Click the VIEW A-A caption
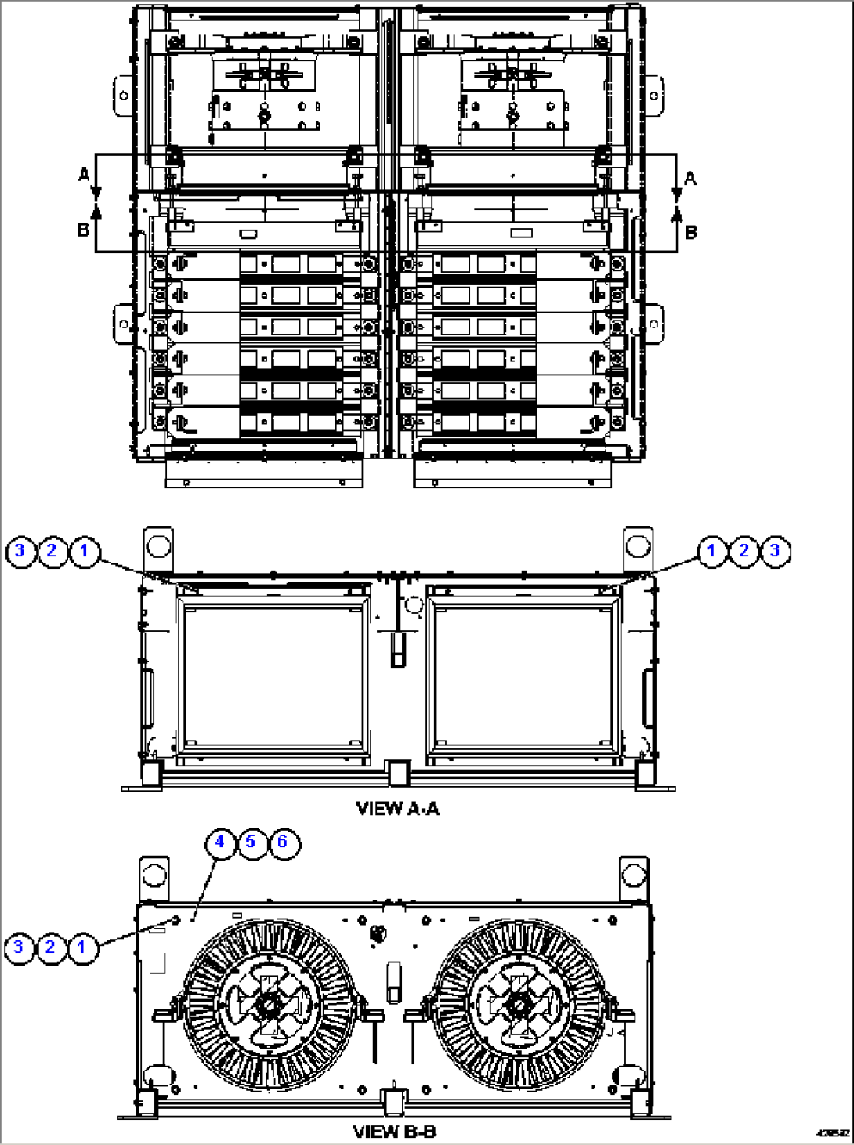[397, 808]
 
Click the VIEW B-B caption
[394, 1132]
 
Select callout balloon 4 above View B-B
[220, 842]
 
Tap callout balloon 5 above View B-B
[251, 842]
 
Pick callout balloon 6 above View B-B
[283, 842]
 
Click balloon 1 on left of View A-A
[84, 551]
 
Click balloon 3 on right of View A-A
[775, 551]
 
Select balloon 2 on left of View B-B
[50, 948]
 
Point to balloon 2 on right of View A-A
[744, 551]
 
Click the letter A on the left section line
[84, 175]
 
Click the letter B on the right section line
[690, 232]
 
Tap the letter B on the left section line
[82, 230]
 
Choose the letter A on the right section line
[690, 179]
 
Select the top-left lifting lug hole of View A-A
[157, 545]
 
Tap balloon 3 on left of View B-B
[19, 948]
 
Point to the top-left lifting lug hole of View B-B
[155, 871]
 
